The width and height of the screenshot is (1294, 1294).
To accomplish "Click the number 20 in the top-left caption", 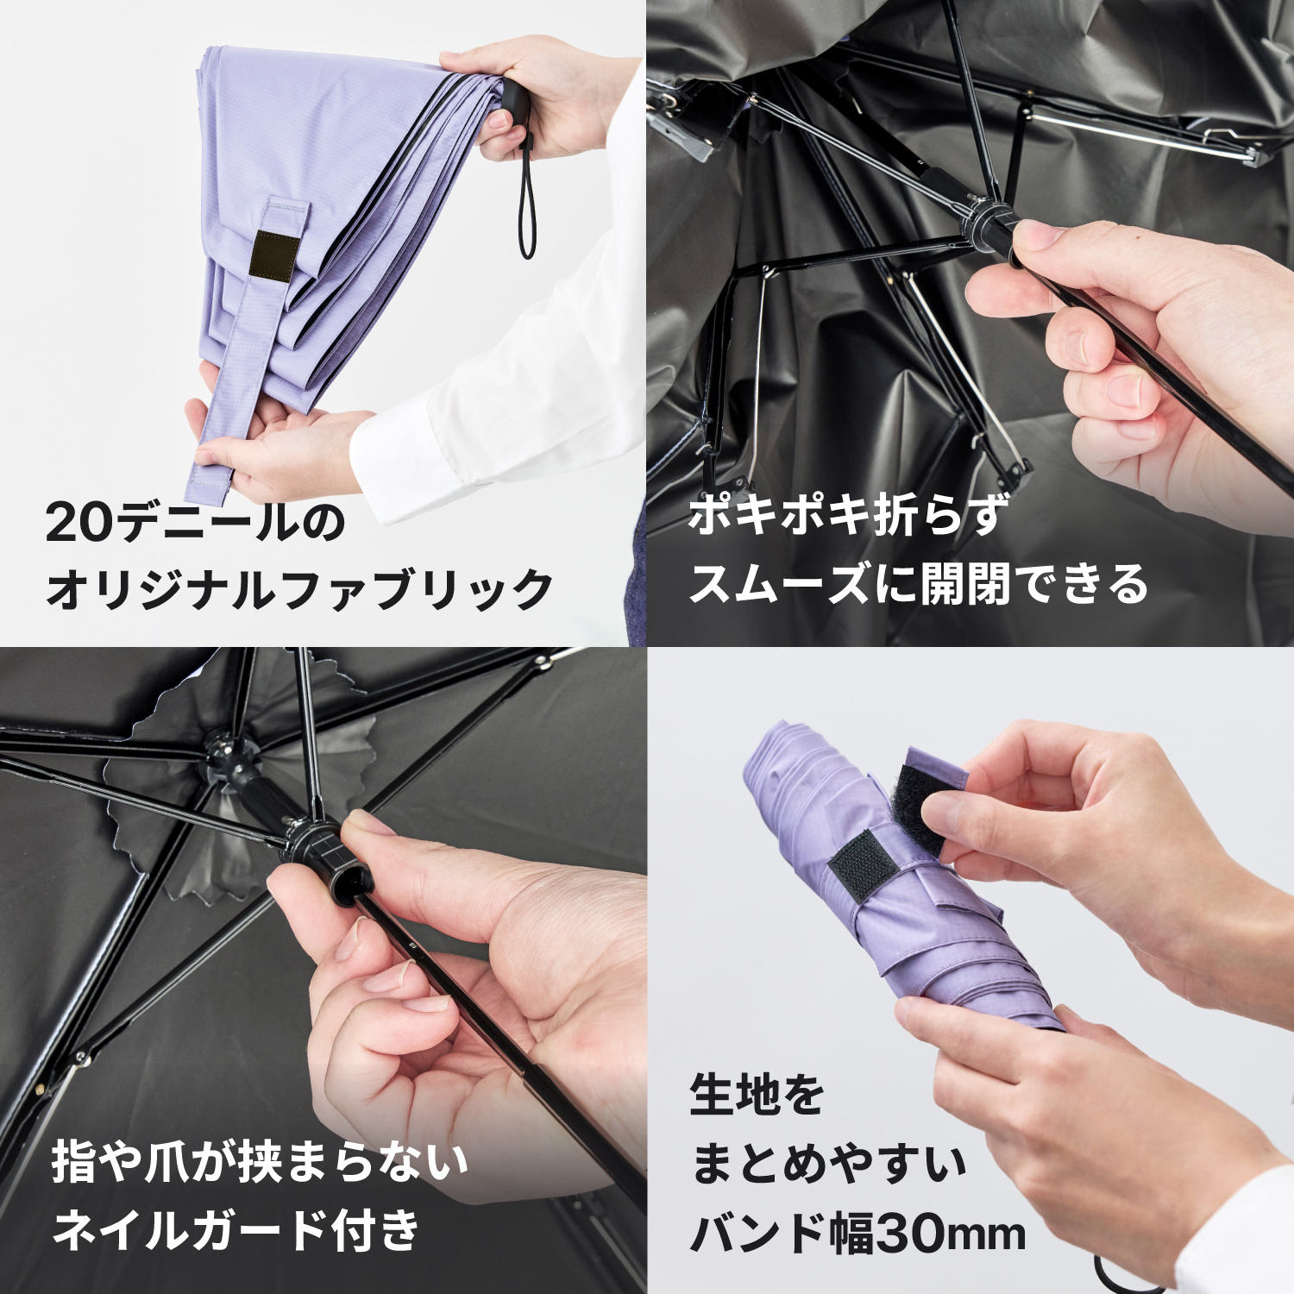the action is click(x=79, y=523).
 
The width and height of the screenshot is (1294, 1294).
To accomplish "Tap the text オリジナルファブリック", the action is click(x=299, y=590).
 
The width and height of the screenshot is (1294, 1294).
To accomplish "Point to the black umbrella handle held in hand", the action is click(x=516, y=107).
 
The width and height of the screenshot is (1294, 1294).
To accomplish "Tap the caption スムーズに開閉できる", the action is click(x=918, y=584).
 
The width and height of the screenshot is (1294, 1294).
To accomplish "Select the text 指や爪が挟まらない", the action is click(x=260, y=1161).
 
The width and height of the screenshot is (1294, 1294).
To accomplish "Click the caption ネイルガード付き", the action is click(x=236, y=1229).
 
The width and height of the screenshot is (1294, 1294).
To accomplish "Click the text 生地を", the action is click(x=757, y=1094).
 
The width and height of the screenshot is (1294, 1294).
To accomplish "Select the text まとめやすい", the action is click(x=828, y=1163).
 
